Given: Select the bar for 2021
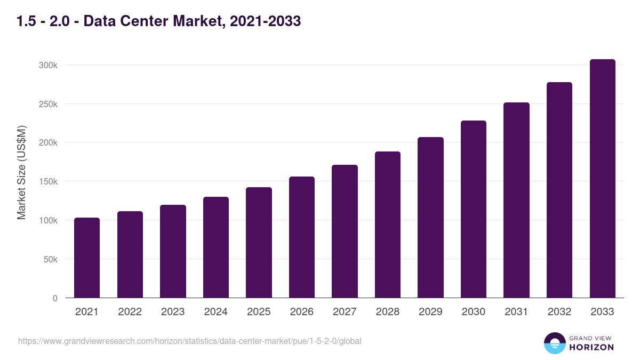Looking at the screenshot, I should tap(87, 258).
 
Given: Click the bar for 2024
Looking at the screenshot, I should tap(216, 247).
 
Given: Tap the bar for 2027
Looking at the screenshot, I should tap(345, 231).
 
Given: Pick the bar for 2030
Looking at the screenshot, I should tap(474, 209).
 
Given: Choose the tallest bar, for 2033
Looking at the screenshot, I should tap(602, 179).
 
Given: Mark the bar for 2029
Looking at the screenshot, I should tap(430, 217).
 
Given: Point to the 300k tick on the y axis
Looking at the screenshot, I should tap(47, 65).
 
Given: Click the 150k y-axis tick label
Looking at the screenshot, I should tap(47, 181).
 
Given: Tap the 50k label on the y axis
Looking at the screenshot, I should tap(51, 259).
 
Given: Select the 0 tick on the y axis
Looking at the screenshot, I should tap(55, 298).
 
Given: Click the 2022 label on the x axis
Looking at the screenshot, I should tap(130, 312).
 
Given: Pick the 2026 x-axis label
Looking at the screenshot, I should tap(301, 312).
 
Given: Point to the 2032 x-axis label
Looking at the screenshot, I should tap(559, 312).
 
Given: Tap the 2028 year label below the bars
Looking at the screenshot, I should tap(387, 312).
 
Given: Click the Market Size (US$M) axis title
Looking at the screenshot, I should tap(21, 173).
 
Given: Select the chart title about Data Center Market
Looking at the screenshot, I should tap(158, 21).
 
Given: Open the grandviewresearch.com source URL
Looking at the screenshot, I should tap(190, 341).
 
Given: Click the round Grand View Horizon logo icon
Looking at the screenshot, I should tap(555, 343).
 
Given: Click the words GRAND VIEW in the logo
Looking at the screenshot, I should tap(591, 338).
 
